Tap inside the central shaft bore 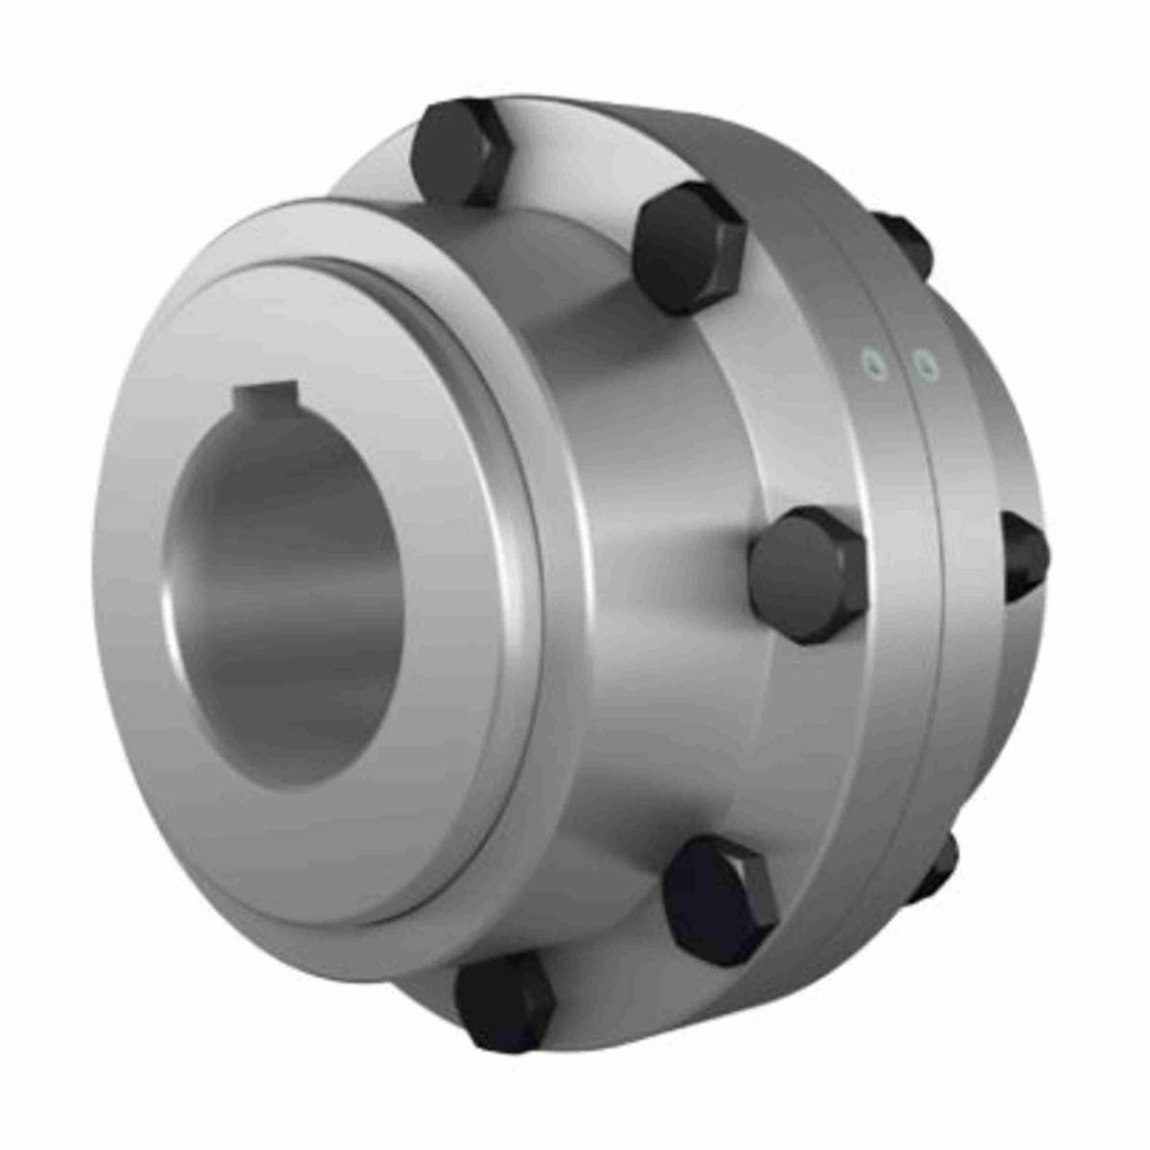[x=287, y=594]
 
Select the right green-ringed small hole [x=924, y=365]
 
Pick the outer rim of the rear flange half [x=958, y=671]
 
